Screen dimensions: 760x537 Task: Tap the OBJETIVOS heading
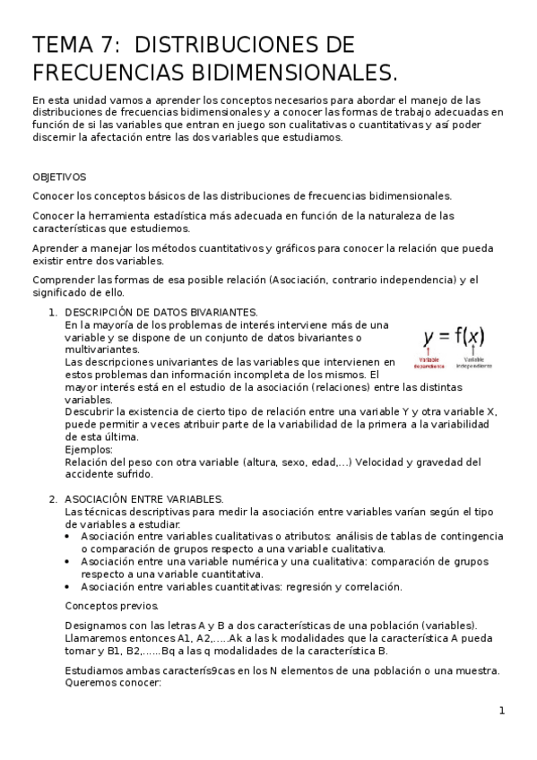59,177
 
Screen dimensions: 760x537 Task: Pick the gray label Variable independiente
473,362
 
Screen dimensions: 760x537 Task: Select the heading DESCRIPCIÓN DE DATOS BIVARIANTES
161,312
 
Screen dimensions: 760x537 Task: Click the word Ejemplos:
89,450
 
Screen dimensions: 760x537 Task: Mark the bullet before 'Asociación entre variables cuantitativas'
70,587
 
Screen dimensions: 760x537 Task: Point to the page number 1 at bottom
502,711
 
